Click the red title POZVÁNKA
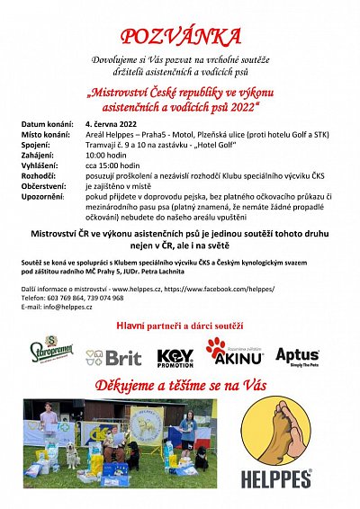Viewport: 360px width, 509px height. coord(181,36)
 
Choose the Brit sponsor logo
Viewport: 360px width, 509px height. coord(114,357)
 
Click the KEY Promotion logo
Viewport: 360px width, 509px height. coord(175,358)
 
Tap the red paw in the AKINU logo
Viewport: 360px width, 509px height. coord(216,347)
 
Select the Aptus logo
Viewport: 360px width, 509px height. coord(297,356)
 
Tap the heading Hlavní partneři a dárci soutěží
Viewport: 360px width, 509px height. coord(180,324)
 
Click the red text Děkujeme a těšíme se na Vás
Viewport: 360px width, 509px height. coord(180,385)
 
